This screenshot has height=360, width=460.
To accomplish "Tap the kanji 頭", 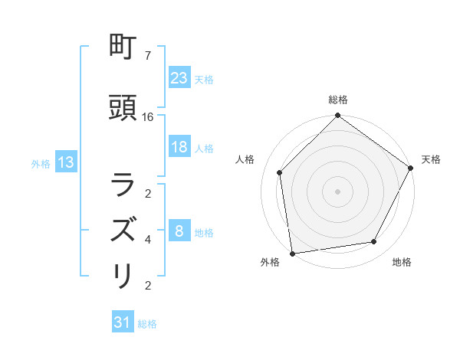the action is pos(123,109).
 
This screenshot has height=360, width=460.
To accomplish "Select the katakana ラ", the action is pos(123,186).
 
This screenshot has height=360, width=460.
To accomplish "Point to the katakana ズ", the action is pos(123,231).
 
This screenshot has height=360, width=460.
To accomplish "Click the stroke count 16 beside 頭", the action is pos(148,117).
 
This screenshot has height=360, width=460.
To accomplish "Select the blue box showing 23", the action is pos(179,78).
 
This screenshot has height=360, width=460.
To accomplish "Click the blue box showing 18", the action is pos(179,147).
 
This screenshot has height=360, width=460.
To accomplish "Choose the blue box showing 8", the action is pos(179,231).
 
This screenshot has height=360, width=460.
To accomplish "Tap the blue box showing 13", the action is pos(65,162).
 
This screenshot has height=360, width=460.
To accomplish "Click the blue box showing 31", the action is pos(123,323).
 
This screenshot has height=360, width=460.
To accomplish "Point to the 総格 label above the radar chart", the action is pos(338,100).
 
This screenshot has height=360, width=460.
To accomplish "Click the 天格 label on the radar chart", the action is pos(431,159).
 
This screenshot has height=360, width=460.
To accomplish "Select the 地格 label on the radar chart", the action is pos(402,262).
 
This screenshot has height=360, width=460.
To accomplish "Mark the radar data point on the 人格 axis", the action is pos(280,172).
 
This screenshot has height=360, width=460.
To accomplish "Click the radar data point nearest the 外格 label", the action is pos(292,253).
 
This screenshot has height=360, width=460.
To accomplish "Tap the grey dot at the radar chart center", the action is pos(337,191).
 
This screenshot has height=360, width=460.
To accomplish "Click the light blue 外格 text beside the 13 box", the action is pos(41,163).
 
